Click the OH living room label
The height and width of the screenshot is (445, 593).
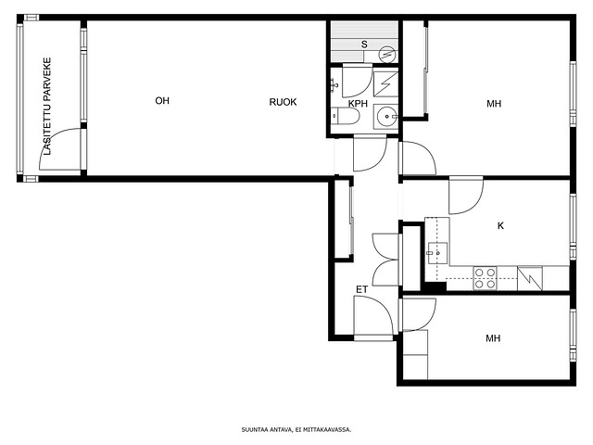162,101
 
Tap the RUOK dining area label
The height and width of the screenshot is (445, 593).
283,102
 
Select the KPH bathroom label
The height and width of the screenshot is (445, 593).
358,104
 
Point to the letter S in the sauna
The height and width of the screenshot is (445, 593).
364,44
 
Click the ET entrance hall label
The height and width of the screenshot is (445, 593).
362,290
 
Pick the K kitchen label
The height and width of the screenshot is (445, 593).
500,226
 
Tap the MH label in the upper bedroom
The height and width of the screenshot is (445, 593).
494,104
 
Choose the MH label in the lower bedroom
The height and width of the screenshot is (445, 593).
493,338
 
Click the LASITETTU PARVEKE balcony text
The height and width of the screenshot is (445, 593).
47,107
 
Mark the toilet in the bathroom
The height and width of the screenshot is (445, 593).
345,116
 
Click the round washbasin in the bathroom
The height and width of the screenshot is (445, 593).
385,117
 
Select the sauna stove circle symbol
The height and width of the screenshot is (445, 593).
386,54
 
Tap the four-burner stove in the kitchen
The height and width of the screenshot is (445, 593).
485,278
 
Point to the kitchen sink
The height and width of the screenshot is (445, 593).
437,253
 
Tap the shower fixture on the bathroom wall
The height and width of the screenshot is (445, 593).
333,85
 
